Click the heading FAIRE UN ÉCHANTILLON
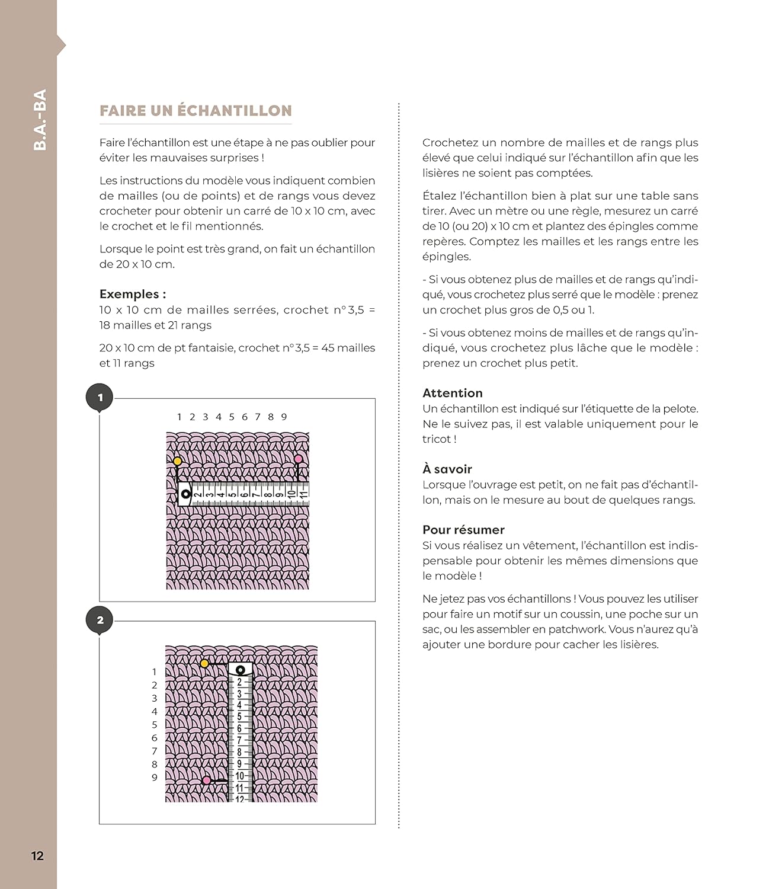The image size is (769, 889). pos(196,111)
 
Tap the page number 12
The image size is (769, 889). pos(37,856)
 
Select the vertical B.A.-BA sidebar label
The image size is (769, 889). pos(40,120)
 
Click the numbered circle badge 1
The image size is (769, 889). pos(100,398)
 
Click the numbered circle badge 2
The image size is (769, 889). pos(100,620)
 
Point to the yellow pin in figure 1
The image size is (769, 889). pos(177,461)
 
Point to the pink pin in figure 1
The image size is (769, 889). pos(299,459)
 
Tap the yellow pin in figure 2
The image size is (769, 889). pos(204,663)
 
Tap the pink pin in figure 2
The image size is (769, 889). pos(206,781)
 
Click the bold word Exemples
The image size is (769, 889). pos(132,294)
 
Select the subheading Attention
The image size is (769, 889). pos(453,393)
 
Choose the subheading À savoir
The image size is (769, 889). pos(447,469)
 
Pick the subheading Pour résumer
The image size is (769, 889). pos(463,530)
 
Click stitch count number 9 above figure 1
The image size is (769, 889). pos(284,417)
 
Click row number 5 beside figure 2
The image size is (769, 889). pos(155,725)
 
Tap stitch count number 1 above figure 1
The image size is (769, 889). pos(179,417)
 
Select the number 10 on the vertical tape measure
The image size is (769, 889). pos(240,776)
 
